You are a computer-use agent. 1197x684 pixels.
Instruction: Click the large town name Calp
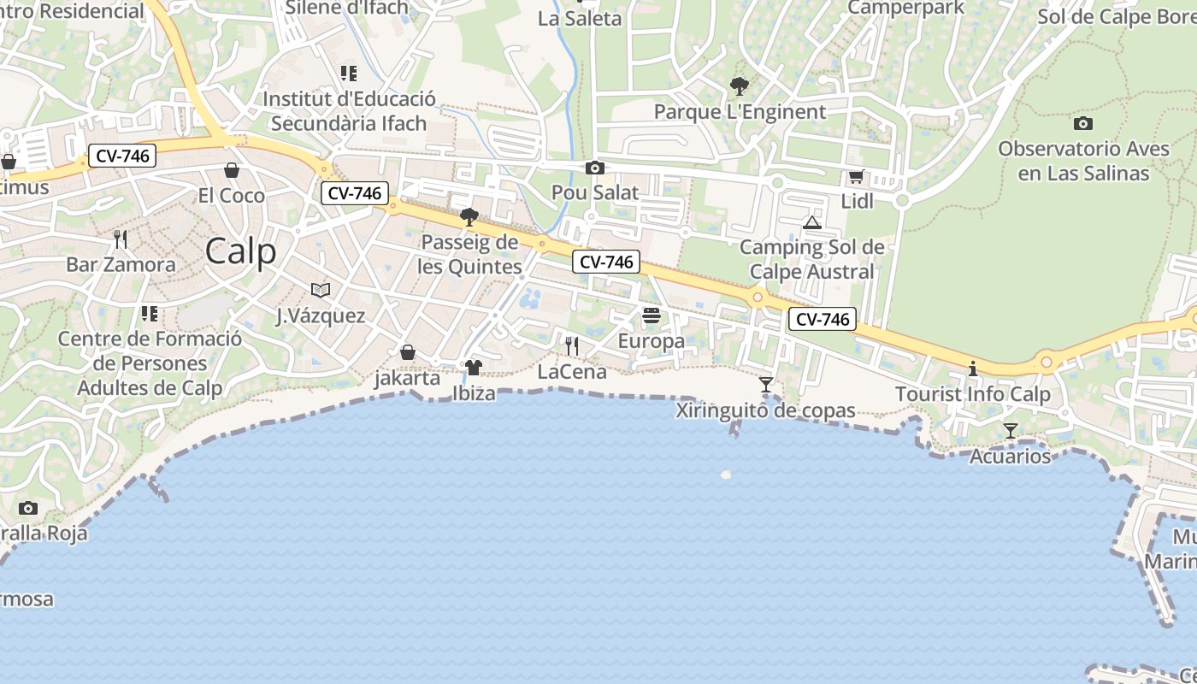(x=241, y=251)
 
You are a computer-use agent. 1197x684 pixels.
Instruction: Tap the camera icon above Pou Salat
(x=595, y=168)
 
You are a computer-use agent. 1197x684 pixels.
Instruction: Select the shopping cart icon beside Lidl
(x=856, y=177)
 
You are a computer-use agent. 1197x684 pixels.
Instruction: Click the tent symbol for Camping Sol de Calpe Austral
(x=812, y=223)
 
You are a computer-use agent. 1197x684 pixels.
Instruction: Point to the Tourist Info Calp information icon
(x=972, y=369)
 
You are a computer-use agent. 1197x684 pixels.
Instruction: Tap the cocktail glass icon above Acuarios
(x=1011, y=431)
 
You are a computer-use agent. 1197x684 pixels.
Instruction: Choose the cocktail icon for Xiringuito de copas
(x=766, y=385)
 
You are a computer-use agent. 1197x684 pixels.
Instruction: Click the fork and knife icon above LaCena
(x=572, y=346)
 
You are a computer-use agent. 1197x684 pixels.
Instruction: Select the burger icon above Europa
(x=652, y=315)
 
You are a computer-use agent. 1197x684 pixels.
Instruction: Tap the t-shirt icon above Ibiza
(x=474, y=368)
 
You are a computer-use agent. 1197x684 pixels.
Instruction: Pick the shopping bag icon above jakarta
(x=408, y=352)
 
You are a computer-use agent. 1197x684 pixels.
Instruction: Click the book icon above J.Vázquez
(x=321, y=291)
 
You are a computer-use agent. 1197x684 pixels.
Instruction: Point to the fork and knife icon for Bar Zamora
(x=121, y=239)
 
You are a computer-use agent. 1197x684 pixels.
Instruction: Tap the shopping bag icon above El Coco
(x=231, y=170)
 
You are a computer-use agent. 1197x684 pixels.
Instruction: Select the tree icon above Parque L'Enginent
(x=740, y=86)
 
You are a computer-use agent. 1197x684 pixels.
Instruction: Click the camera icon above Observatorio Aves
(x=1083, y=123)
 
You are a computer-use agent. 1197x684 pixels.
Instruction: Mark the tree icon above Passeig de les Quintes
(x=469, y=217)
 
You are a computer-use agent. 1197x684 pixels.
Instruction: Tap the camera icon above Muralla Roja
(x=28, y=509)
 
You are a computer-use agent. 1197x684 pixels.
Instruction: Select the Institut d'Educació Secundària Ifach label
(x=349, y=111)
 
